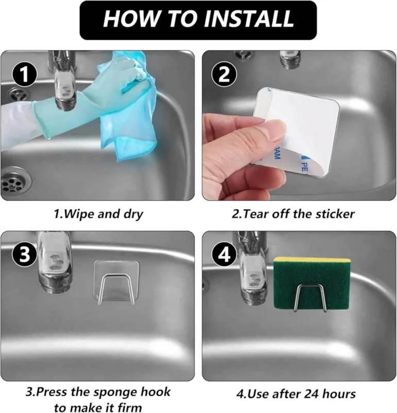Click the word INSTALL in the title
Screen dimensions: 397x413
coord(249,19)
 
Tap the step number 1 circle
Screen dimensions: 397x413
coord(24,74)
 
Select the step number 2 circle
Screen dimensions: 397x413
coord(224,74)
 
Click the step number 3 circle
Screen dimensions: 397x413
coord(24,255)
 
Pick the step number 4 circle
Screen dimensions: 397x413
coord(224,255)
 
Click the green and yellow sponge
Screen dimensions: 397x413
coord(312,283)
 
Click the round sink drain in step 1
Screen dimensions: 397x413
coord(16,182)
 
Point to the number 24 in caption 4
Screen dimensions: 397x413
coord(311,394)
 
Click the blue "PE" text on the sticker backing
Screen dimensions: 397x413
coord(304,166)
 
